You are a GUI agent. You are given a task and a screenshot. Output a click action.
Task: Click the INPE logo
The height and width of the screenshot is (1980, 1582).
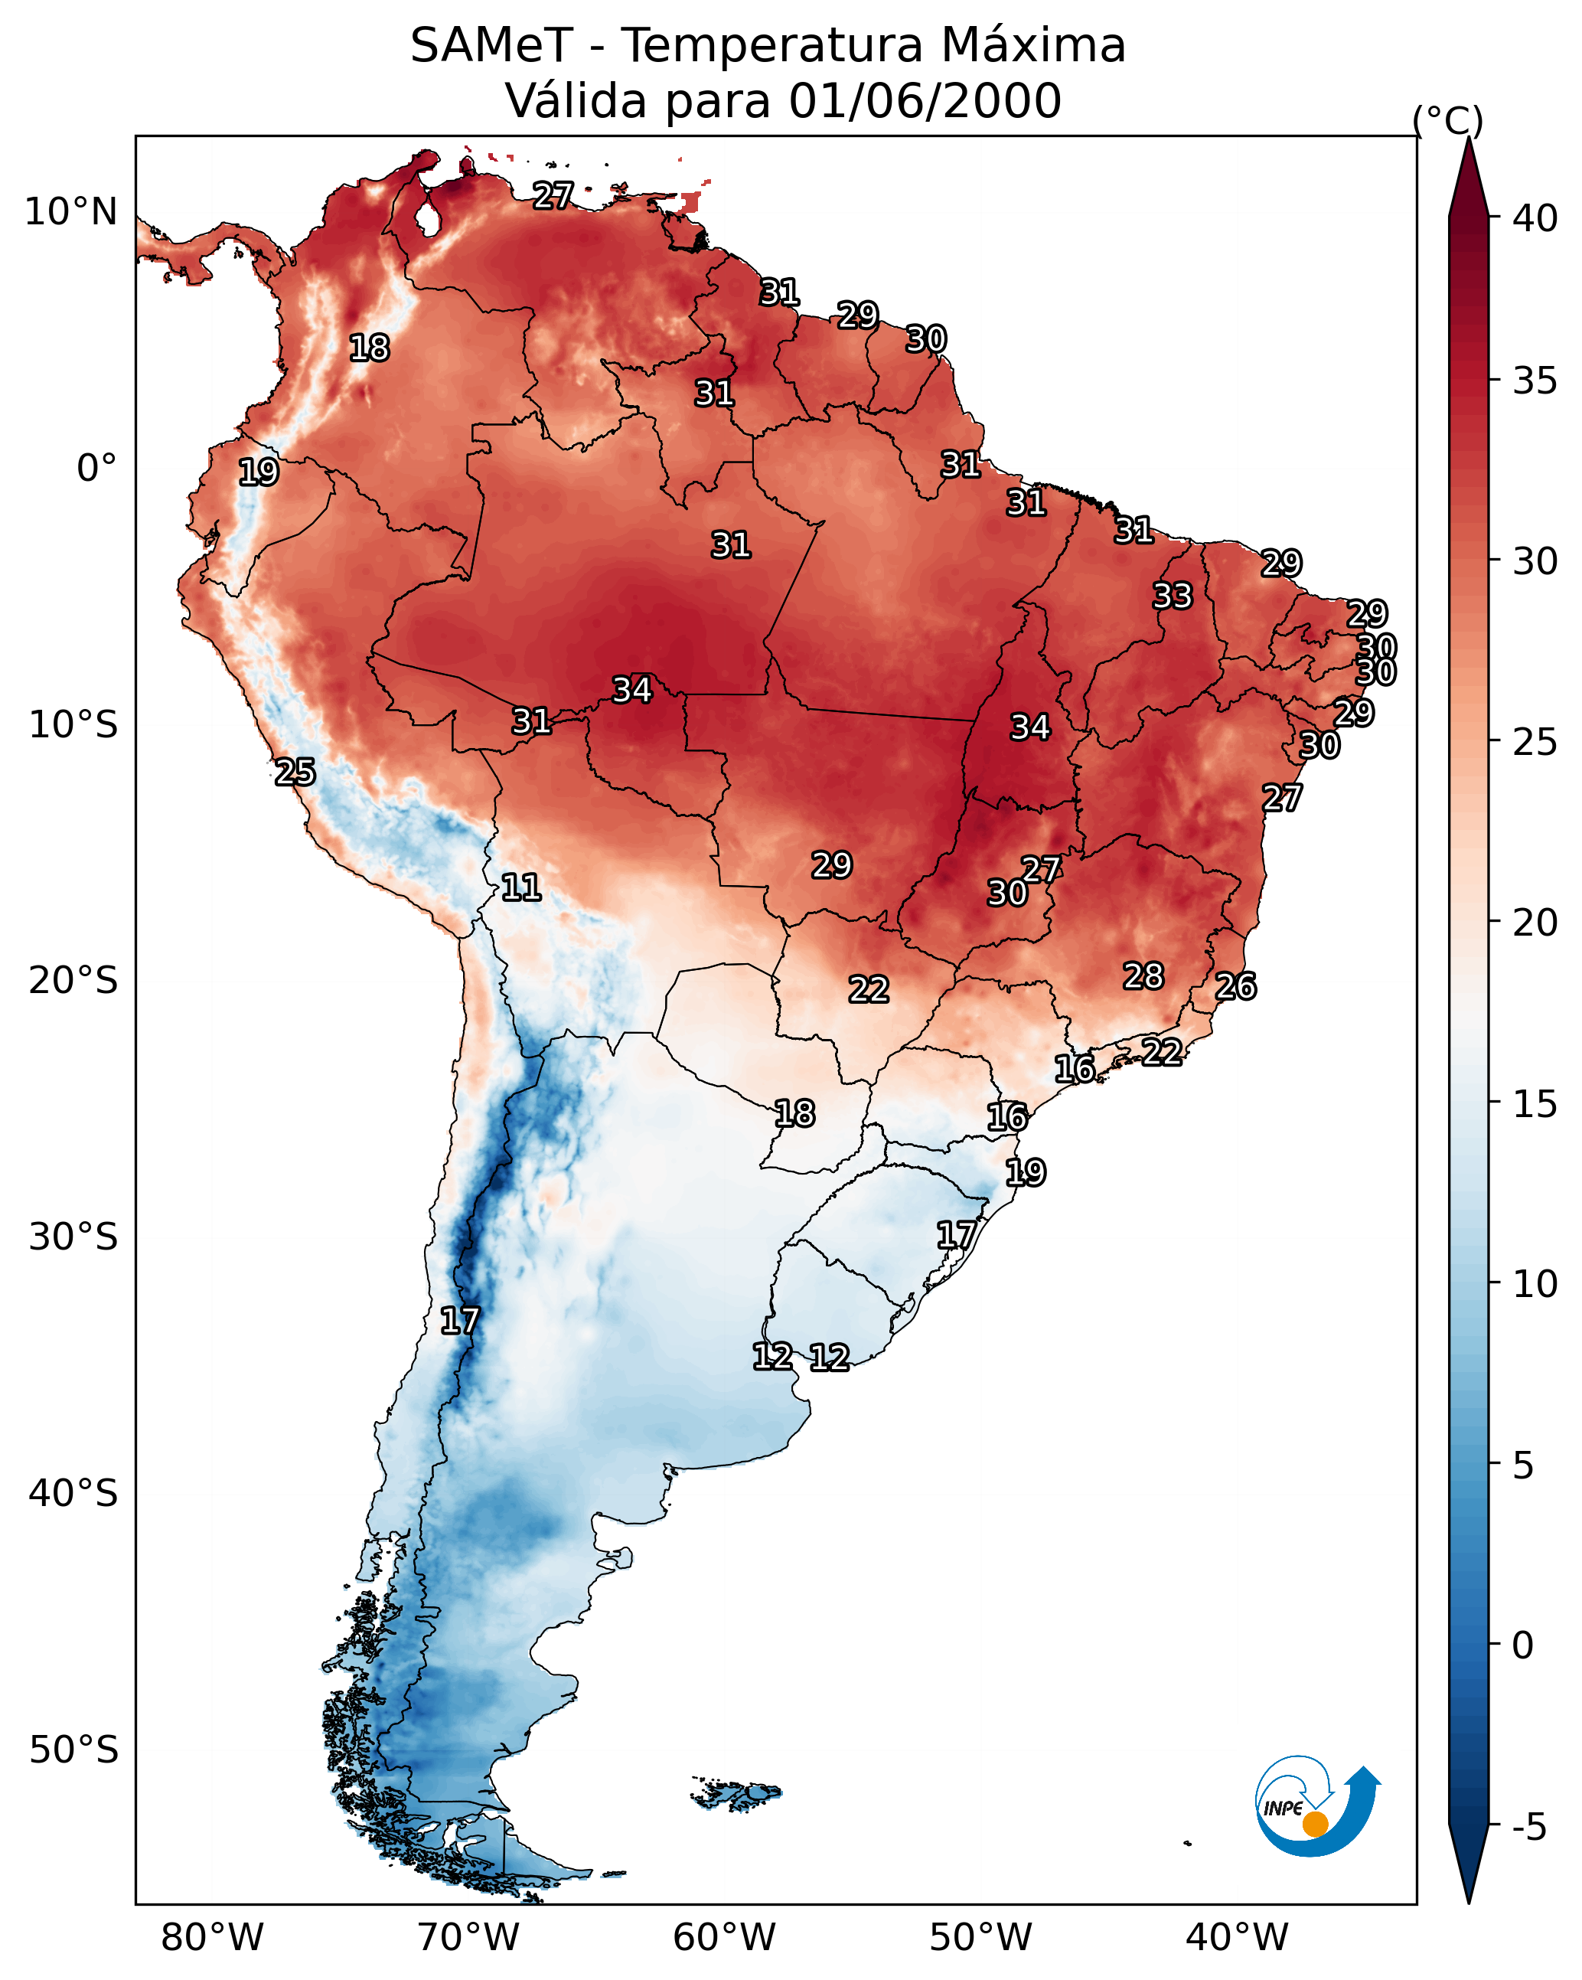tap(1316, 1805)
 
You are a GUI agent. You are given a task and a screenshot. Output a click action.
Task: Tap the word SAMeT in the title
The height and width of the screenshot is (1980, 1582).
tap(491, 46)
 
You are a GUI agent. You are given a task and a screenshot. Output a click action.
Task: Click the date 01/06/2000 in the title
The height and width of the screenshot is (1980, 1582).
tap(925, 101)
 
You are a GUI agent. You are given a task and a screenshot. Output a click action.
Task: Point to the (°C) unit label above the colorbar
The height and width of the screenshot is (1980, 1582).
tap(1447, 120)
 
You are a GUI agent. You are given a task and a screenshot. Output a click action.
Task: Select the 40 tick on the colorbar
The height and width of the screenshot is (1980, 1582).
tap(1535, 218)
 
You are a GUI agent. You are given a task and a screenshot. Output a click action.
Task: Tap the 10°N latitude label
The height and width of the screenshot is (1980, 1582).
tap(70, 212)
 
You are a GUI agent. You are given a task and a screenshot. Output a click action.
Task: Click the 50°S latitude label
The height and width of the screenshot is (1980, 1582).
tap(73, 1750)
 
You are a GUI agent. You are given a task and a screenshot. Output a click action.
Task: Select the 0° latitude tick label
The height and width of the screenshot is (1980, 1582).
tap(96, 469)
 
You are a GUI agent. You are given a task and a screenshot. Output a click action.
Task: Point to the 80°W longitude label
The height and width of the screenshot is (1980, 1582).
tap(212, 1937)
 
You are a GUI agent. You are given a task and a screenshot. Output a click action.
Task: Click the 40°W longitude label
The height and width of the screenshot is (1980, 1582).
tap(1237, 1937)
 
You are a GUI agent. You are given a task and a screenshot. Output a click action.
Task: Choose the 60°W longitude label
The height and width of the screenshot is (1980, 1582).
tap(725, 1937)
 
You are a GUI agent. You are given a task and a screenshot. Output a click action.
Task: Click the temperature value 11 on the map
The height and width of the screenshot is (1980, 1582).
tap(520, 887)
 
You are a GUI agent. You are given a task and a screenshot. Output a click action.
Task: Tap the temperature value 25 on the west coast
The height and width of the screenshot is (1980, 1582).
tap(295, 773)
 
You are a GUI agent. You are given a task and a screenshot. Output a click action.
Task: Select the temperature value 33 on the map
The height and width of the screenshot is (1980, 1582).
tap(1173, 596)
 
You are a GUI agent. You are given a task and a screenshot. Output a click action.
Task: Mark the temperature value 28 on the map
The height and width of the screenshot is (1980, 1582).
tap(1143, 976)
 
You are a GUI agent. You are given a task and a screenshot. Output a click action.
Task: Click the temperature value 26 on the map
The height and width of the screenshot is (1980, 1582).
tap(1236, 986)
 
